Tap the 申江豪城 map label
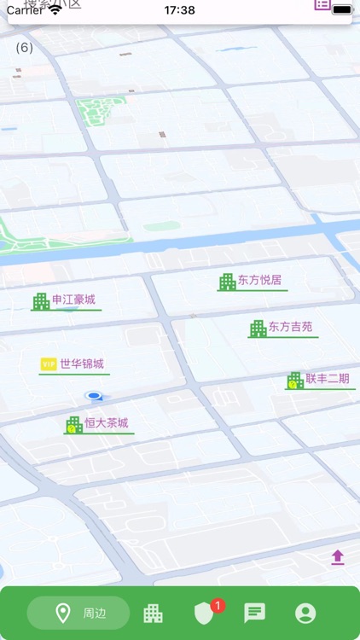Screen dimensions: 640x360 [73, 300]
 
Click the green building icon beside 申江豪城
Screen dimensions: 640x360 [41, 301]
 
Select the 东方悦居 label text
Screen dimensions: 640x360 [260, 280]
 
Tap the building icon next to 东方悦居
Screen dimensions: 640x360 [227, 282]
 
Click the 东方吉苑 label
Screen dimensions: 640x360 [291, 327]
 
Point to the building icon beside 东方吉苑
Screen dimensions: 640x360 [258, 329]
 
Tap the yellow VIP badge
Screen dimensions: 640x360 [49, 364]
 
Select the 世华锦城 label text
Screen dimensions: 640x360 [82, 364]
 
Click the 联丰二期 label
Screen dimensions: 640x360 [328, 379]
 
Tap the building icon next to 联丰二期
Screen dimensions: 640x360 [295, 381]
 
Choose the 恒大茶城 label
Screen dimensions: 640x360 [107, 423]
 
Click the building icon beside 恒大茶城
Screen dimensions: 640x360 [74, 425]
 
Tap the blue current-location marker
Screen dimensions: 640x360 [95, 396]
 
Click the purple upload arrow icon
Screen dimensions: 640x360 [338, 557]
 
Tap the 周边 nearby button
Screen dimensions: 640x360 [78, 613]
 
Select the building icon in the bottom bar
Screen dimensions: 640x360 [153, 613]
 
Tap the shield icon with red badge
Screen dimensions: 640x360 [204, 613]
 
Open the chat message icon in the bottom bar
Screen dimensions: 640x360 [254, 613]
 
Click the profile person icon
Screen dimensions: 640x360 [305, 613]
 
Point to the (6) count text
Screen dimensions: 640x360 [25, 48]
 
